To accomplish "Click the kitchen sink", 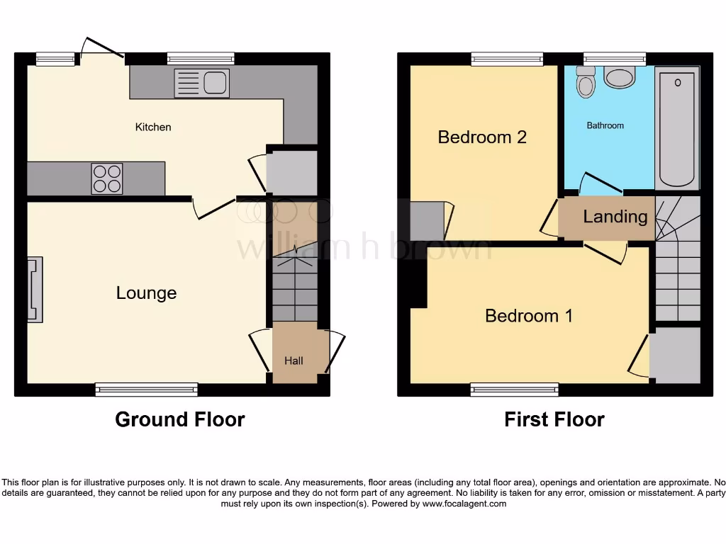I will pyautogui.click(x=201, y=84).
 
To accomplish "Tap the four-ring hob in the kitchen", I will pyautogui.click(x=107, y=178).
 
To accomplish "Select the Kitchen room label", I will pyautogui.click(x=153, y=127).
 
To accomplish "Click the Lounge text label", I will pyautogui.click(x=146, y=293).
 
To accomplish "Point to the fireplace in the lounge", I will pyautogui.click(x=35, y=290).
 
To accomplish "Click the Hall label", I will pyautogui.click(x=294, y=361).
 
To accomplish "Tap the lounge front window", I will pyautogui.click(x=146, y=388).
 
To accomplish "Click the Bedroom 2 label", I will pyautogui.click(x=482, y=137).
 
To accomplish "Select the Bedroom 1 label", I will pyautogui.click(x=529, y=316).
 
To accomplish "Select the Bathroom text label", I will pyautogui.click(x=605, y=125).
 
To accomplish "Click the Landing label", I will pyautogui.click(x=615, y=217).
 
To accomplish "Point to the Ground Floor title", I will pyautogui.click(x=180, y=419).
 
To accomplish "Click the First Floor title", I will pyautogui.click(x=554, y=419).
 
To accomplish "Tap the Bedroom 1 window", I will pyautogui.click(x=515, y=388).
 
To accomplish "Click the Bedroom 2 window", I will pyautogui.click(x=506, y=59).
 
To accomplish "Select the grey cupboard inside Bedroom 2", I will pyautogui.click(x=428, y=221).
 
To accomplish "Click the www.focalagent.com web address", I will pyautogui.click(x=465, y=504).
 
